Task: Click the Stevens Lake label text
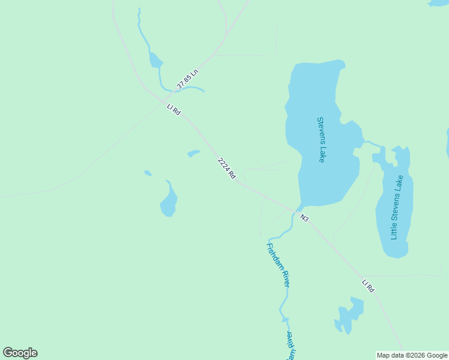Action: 322,139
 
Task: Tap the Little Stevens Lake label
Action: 397,208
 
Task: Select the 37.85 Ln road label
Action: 187,80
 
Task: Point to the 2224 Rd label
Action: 226,169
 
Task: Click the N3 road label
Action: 304,218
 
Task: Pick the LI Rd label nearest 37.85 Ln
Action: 173,110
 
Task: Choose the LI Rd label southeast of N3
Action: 368,286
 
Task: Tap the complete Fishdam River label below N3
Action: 279,265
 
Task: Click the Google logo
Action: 20,353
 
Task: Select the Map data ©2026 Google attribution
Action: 412,355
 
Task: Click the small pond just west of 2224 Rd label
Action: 193,154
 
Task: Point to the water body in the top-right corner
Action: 438,3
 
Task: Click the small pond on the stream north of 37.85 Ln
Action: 155,61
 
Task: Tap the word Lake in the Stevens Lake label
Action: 322,154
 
